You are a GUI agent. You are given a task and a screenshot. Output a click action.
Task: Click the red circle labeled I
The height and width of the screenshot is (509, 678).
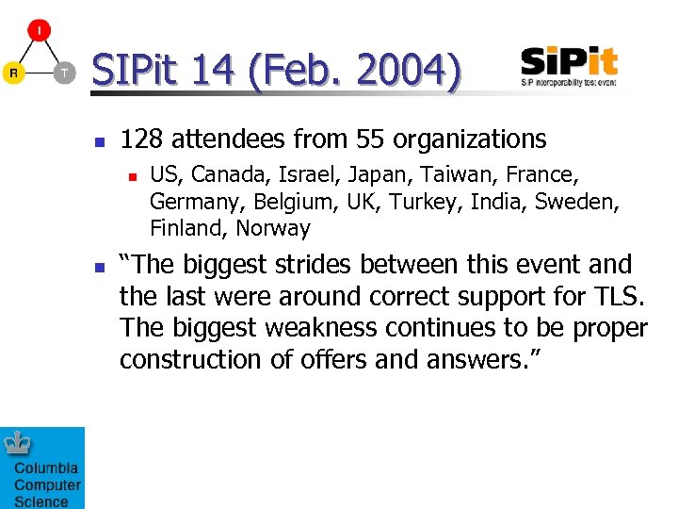click(x=39, y=29)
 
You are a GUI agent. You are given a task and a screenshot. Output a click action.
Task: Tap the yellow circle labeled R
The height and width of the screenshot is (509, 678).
click(x=13, y=72)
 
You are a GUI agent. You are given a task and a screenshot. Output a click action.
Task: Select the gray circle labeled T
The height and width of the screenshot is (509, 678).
click(x=63, y=72)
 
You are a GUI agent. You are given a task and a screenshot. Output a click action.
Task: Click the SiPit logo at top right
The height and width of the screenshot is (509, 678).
click(x=569, y=66)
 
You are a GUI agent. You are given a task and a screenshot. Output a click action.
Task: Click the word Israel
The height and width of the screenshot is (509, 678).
click(x=294, y=174)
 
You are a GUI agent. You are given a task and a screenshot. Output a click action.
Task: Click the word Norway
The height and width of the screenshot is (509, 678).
click(x=272, y=228)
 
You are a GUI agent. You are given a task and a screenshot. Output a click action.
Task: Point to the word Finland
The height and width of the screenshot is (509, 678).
click(x=188, y=228)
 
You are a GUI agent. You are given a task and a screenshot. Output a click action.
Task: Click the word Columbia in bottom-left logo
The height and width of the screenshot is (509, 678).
click(x=46, y=468)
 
